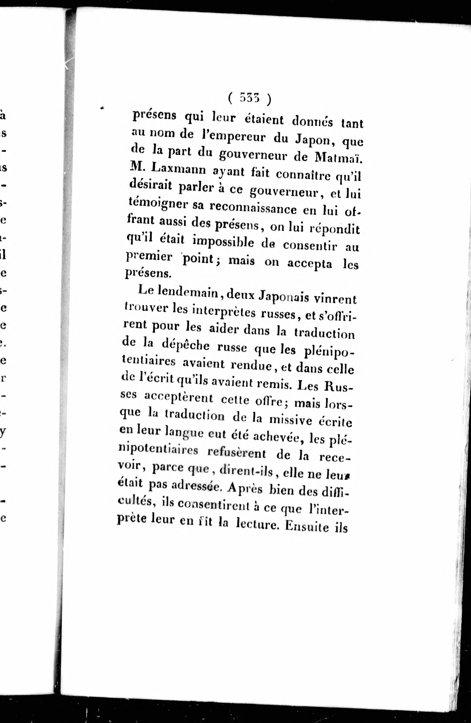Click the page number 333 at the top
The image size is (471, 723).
[x=249, y=98]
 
